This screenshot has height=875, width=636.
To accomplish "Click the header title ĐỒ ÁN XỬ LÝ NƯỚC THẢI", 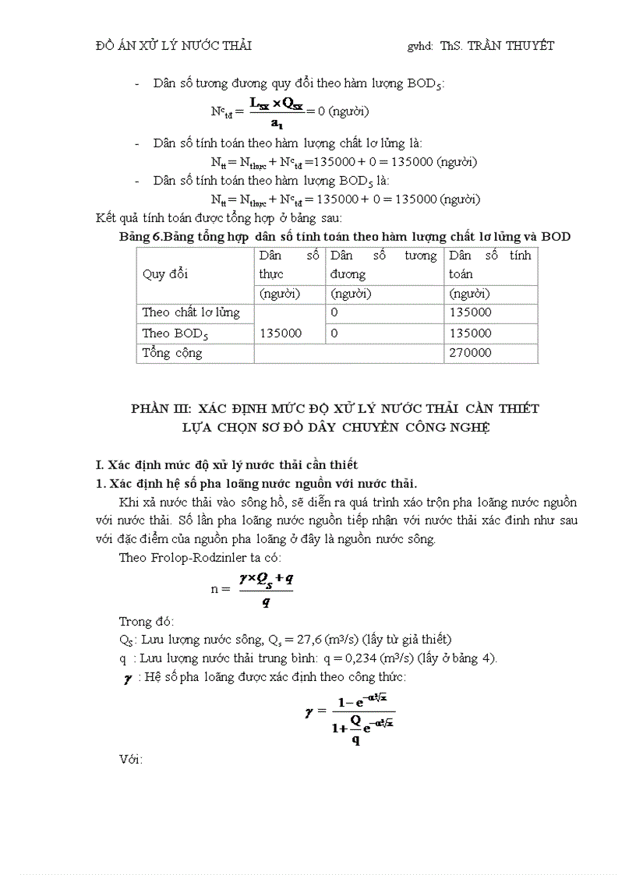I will click(x=173, y=46).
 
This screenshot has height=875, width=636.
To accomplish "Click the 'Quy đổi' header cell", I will click(x=164, y=274).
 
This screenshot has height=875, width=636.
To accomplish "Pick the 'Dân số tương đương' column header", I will click(x=383, y=265).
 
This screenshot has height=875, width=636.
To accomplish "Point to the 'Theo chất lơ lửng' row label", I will click(x=191, y=312).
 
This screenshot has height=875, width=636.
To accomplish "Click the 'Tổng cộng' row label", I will click(x=171, y=353).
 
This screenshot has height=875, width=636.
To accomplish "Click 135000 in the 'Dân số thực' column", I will click(x=281, y=333).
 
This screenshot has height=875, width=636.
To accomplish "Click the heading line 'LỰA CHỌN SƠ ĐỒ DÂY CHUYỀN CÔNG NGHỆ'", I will click(x=335, y=427).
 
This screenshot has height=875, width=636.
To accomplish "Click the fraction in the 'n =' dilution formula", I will click(x=266, y=589).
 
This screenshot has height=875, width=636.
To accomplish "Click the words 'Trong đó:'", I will click(x=147, y=621).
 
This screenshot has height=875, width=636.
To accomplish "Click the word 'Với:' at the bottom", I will click(x=131, y=758).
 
